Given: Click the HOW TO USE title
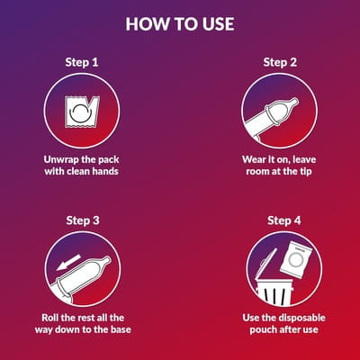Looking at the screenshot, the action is (180, 24).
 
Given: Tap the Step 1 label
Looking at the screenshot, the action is (82, 62).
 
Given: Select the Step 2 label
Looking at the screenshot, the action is (280, 62).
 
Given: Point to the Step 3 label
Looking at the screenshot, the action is (83, 220).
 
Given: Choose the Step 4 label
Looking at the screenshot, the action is (284, 220).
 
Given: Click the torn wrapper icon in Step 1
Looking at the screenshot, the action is (82, 112).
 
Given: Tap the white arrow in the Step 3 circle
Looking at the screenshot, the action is (69, 262).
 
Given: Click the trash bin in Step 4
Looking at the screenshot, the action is (274, 292).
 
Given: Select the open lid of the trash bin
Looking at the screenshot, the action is (265, 263).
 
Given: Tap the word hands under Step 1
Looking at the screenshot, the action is (105, 171).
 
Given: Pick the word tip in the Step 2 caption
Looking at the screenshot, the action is (306, 172).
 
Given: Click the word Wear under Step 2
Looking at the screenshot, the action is (254, 159).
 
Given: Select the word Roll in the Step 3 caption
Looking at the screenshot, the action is (49, 318).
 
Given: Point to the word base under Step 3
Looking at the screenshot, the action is (121, 329).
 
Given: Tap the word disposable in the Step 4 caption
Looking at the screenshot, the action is (301, 318).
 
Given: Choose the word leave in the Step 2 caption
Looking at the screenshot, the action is (304, 159).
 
